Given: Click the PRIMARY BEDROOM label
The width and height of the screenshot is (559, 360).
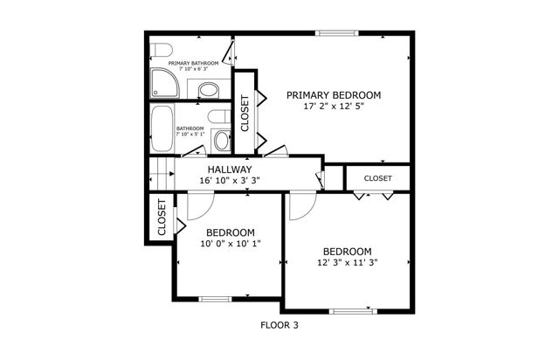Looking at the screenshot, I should pos(335,95).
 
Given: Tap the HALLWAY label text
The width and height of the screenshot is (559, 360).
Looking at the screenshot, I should pos(230,170).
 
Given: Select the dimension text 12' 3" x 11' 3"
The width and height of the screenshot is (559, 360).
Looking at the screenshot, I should pos(348,261).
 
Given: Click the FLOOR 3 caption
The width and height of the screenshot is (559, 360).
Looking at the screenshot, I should pos(279,325).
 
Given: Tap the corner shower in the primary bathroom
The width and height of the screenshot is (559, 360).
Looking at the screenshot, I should pos(162,84).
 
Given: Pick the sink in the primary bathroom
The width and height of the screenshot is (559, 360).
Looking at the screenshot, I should pos(209,88).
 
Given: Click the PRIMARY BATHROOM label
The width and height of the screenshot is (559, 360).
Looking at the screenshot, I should pos(193,64).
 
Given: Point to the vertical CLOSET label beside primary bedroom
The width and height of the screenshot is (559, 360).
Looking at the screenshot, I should pos(245,114).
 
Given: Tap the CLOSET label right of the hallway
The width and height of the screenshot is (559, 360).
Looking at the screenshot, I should pos(377,178).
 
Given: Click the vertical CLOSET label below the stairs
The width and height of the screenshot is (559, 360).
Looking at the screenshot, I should pos(162,218).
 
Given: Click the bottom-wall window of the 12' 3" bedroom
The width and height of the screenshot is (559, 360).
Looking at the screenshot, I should pos(350,310).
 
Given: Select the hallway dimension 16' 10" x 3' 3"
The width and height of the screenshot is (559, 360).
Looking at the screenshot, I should pos(230,181).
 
